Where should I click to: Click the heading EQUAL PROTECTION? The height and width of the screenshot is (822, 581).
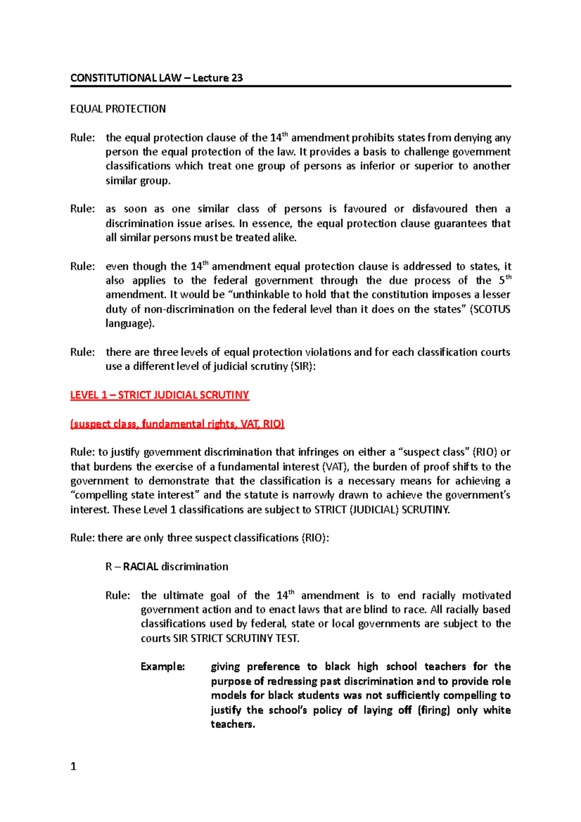118,109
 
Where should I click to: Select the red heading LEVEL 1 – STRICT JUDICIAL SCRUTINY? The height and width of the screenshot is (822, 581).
159,395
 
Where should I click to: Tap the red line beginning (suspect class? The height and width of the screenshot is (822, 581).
177,424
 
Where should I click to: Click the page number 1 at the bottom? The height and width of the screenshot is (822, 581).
73,766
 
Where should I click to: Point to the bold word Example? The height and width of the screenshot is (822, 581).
163,667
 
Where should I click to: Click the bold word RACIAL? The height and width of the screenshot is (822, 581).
140,567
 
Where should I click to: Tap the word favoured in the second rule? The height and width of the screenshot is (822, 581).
365,209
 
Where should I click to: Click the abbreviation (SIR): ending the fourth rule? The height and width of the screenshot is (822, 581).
303,366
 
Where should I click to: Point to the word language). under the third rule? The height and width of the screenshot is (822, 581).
130,323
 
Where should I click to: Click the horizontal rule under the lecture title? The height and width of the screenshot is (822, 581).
290,86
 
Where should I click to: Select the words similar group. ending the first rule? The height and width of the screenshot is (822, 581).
138,181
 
